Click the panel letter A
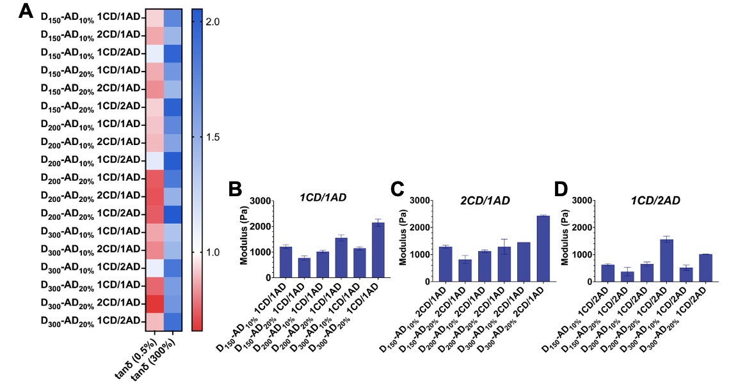tap(26, 12)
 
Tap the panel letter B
tap(235, 189)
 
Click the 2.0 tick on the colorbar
tap(213, 22)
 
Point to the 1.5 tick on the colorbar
tap(213, 137)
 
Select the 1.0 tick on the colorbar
tap(213, 252)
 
